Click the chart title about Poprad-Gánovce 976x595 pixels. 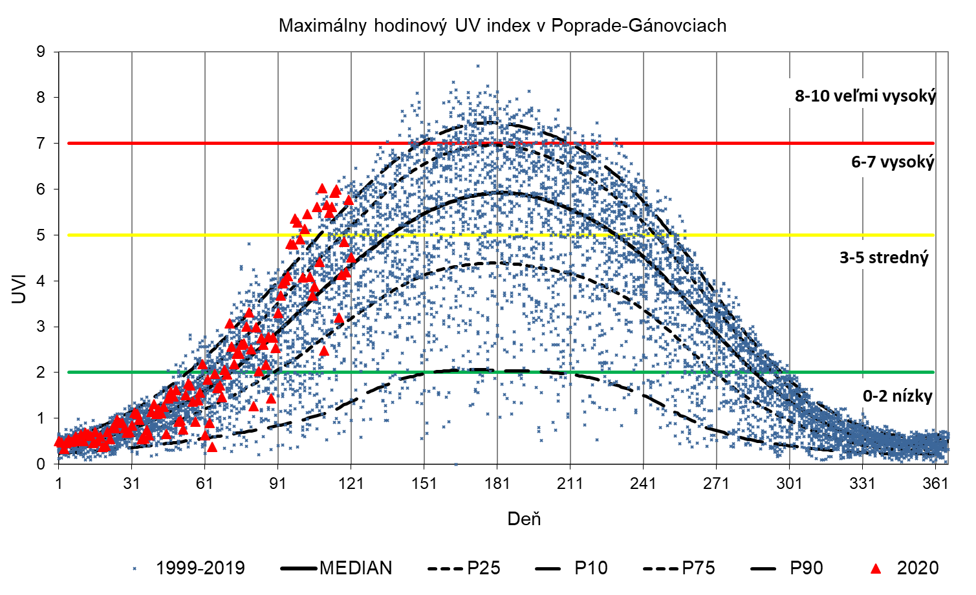503,26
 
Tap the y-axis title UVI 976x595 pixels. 19,289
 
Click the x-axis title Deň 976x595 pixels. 524,519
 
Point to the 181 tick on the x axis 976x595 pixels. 497,484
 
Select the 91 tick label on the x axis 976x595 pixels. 277,484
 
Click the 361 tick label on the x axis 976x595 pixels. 935,484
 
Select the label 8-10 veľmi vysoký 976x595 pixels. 865,96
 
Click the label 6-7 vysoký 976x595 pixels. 893,162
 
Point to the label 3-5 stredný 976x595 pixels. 884,257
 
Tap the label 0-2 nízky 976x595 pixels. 897,396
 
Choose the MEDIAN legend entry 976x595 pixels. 336,568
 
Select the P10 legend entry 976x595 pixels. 572,568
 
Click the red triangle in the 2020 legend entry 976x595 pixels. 876,568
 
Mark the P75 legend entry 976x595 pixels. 679,568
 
